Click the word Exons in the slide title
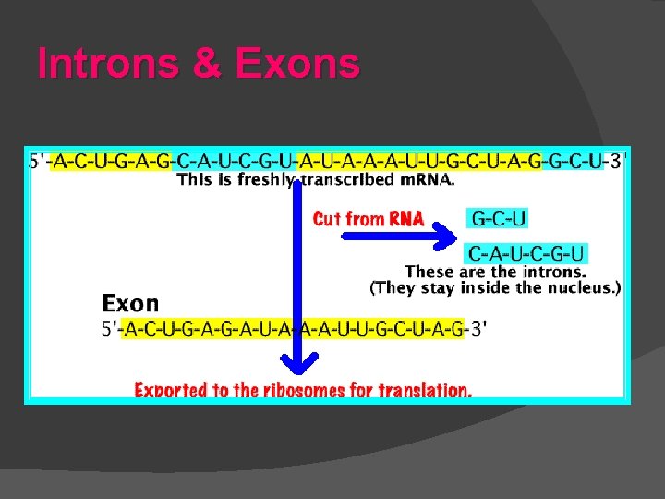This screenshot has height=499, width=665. point(297,65)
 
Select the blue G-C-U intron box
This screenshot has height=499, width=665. point(499,219)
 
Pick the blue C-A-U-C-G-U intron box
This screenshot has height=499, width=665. point(526,253)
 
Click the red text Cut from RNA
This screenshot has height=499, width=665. point(369,219)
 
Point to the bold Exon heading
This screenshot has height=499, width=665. point(130,303)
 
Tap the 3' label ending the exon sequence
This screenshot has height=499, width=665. point(479,329)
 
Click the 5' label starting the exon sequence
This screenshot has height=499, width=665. point(112,329)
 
